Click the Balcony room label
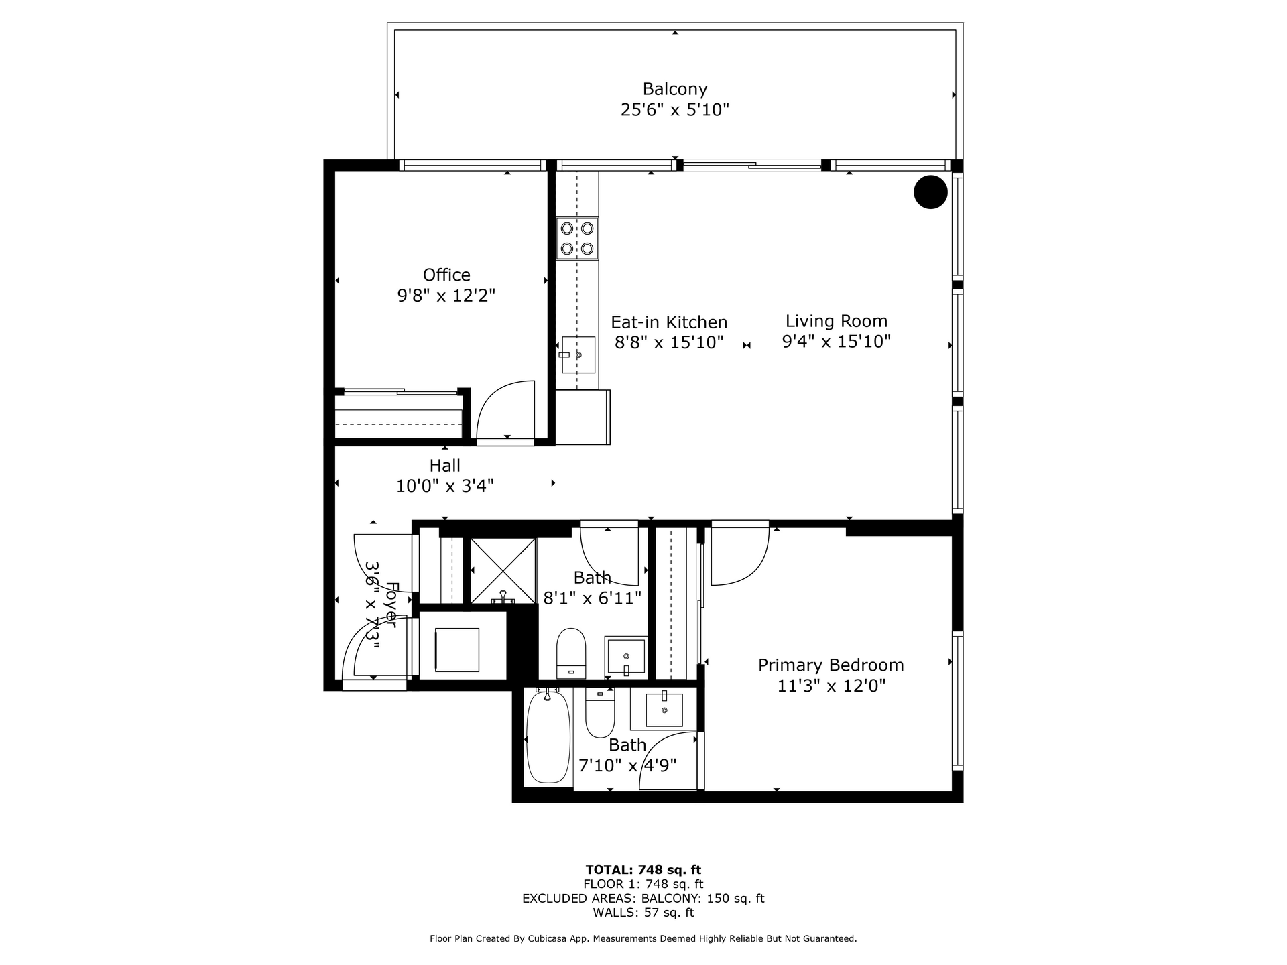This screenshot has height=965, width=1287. [675, 89]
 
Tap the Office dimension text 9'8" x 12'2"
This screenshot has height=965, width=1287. [446, 296]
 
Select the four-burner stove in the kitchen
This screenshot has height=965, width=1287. [577, 239]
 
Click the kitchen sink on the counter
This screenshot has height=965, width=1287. [578, 355]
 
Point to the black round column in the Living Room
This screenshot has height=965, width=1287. [930, 192]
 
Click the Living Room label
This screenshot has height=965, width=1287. [837, 321]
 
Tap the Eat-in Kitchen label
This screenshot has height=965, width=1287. [669, 322]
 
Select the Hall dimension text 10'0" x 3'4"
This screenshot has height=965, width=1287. [445, 486]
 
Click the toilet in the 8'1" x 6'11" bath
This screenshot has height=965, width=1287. [571, 653]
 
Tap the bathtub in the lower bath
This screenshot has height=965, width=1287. [548, 736]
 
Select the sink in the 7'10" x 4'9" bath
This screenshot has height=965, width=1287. [664, 710]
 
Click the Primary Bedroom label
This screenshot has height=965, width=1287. [831, 665]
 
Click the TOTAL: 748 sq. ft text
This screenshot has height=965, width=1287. [643, 870]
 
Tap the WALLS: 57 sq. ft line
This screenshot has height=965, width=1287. [643, 913]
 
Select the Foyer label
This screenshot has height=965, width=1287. [391, 605]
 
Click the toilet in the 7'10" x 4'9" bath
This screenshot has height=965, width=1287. [600, 712]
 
